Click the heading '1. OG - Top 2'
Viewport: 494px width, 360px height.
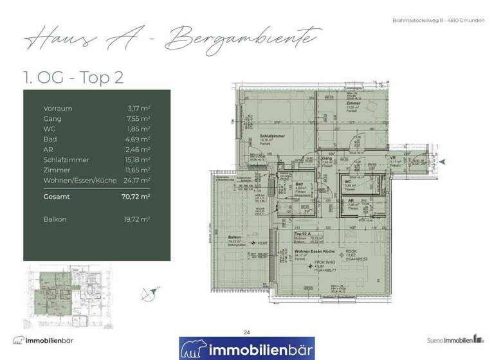(x=73, y=78)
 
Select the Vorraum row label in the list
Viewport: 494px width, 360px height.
(x=58, y=109)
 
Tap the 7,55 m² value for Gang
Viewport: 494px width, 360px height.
(x=138, y=119)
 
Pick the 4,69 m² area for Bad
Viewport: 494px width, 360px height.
(x=138, y=139)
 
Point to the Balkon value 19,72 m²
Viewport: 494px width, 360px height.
(x=136, y=219)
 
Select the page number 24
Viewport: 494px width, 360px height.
(x=247, y=332)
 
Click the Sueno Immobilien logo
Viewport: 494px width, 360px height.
(x=455, y=339)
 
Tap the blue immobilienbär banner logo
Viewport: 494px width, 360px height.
(x=247, y=348)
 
